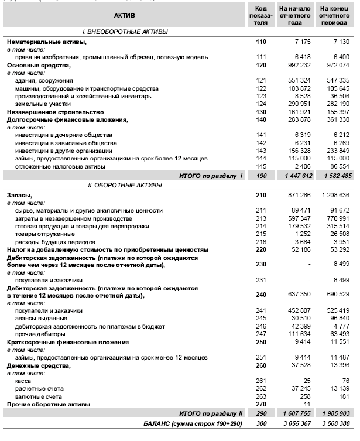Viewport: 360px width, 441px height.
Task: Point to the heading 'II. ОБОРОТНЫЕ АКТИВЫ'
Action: (x=121, y=184)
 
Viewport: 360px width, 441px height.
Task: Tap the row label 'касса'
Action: (x=23, y=380)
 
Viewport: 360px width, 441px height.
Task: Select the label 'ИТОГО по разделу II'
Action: (x=208, y=413)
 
